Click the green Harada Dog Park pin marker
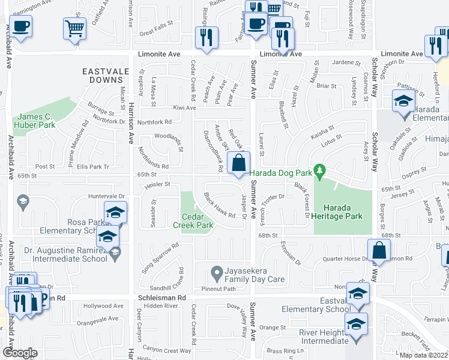pos(320,172)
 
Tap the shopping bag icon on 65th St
pos(239,163)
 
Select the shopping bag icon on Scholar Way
pos(379,251)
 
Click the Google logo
pos(19,353)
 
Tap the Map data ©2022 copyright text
pos(424,355)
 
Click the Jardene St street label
pos(344,62)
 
